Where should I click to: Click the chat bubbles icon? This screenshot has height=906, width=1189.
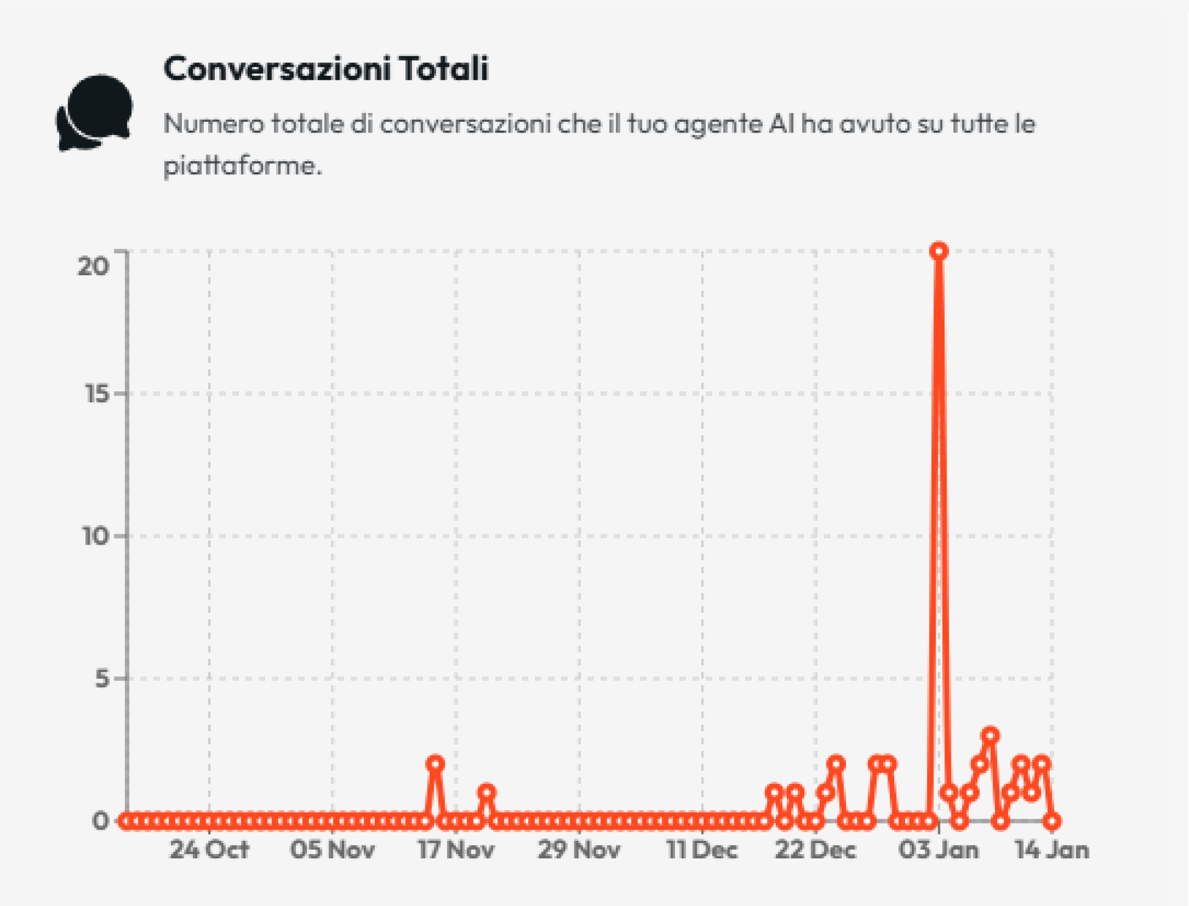click(x=95, y=112)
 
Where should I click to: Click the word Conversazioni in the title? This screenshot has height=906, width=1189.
click(x=276, y=68)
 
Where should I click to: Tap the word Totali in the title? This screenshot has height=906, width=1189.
click(x=444, y=68)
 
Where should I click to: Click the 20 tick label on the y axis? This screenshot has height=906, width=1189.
click(x=93, y=266)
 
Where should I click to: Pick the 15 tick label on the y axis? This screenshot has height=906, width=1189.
click(x=96, y=394)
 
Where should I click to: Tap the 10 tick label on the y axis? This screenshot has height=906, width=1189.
click(x=96, y=536)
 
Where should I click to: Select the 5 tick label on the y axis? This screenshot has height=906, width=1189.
click(x=102, y=678)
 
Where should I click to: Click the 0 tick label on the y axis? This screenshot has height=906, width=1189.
click(x=100, y=821)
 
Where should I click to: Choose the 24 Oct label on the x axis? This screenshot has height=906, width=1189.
click(x=209, y=850)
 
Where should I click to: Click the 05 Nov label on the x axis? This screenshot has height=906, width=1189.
click(x=332, y=850)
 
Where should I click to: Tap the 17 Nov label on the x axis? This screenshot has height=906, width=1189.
click(x=455, y=850)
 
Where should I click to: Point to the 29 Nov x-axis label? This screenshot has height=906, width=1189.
click(x=579, y=850)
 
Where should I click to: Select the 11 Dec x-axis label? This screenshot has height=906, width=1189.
click(x=702, y=850)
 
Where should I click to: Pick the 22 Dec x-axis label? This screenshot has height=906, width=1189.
click(x=815, y=850)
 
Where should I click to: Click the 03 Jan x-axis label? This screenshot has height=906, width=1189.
click(x=938, y=850)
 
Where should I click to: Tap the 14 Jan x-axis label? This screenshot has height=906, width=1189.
click(x=1052, y=850)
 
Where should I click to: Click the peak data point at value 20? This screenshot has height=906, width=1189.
click(x=939, y=251)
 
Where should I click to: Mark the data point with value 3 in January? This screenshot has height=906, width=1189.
click(x=990, y=735)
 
